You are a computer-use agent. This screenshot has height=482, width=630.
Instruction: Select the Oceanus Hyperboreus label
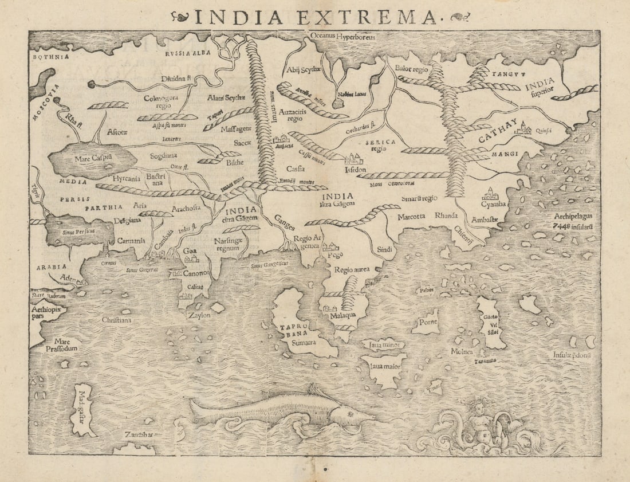[342, 36]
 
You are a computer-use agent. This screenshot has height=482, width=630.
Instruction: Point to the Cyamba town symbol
[491, 193]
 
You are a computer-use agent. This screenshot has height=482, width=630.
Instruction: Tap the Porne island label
[428, 322]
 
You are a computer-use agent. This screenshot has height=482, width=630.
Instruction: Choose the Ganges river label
[284, 219]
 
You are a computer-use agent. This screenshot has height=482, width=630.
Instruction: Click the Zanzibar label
[139, 435]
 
